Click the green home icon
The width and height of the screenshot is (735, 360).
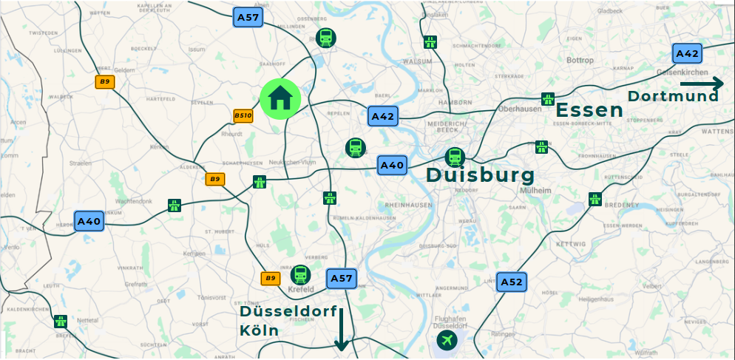click(280, 98)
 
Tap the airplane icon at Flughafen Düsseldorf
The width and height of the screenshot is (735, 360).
click(447, 340)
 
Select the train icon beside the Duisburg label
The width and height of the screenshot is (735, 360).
click(454, 157)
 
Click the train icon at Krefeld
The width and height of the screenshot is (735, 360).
click(300, 275)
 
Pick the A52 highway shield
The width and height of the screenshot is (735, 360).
click(511, 282)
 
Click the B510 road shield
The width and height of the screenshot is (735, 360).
click(243, 115)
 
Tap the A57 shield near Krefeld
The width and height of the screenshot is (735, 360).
click(341, 278)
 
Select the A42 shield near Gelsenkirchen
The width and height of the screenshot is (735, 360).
click(687, 53)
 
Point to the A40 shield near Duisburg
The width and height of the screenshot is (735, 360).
click(392, 165)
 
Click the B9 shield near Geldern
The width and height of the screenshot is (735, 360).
click(105, 81)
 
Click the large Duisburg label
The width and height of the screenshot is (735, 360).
click(481, 176)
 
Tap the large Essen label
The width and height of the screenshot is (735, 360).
click(589, 111)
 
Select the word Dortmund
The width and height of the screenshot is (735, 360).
click(673, 96)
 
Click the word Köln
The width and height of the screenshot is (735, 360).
click(260, 330)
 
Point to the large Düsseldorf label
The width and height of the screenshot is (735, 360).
click(288, 312)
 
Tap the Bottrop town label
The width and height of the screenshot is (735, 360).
click(580, 60)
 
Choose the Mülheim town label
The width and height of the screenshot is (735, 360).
click(536, 190)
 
